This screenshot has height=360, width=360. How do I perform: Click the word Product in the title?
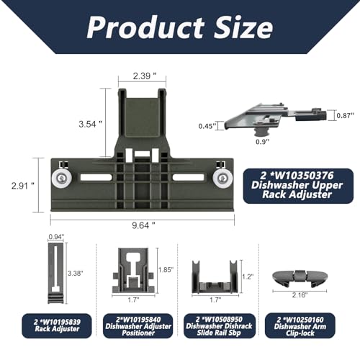click(x=145, y=27)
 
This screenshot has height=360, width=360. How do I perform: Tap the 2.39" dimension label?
click(x=145, y=76)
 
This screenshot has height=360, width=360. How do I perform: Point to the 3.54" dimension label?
click(x=91, y=124)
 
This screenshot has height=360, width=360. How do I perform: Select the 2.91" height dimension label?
click(x=23, y=186)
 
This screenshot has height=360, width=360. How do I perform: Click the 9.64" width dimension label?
click(x=143, y=225)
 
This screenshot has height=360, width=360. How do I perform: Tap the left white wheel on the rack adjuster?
click(x=61, y=179)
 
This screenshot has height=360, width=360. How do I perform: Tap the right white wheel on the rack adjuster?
click(x=222, y=179)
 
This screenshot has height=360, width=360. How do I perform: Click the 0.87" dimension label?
click(x=346, y=115)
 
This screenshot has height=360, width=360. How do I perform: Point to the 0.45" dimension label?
click(x=207, y=126)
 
